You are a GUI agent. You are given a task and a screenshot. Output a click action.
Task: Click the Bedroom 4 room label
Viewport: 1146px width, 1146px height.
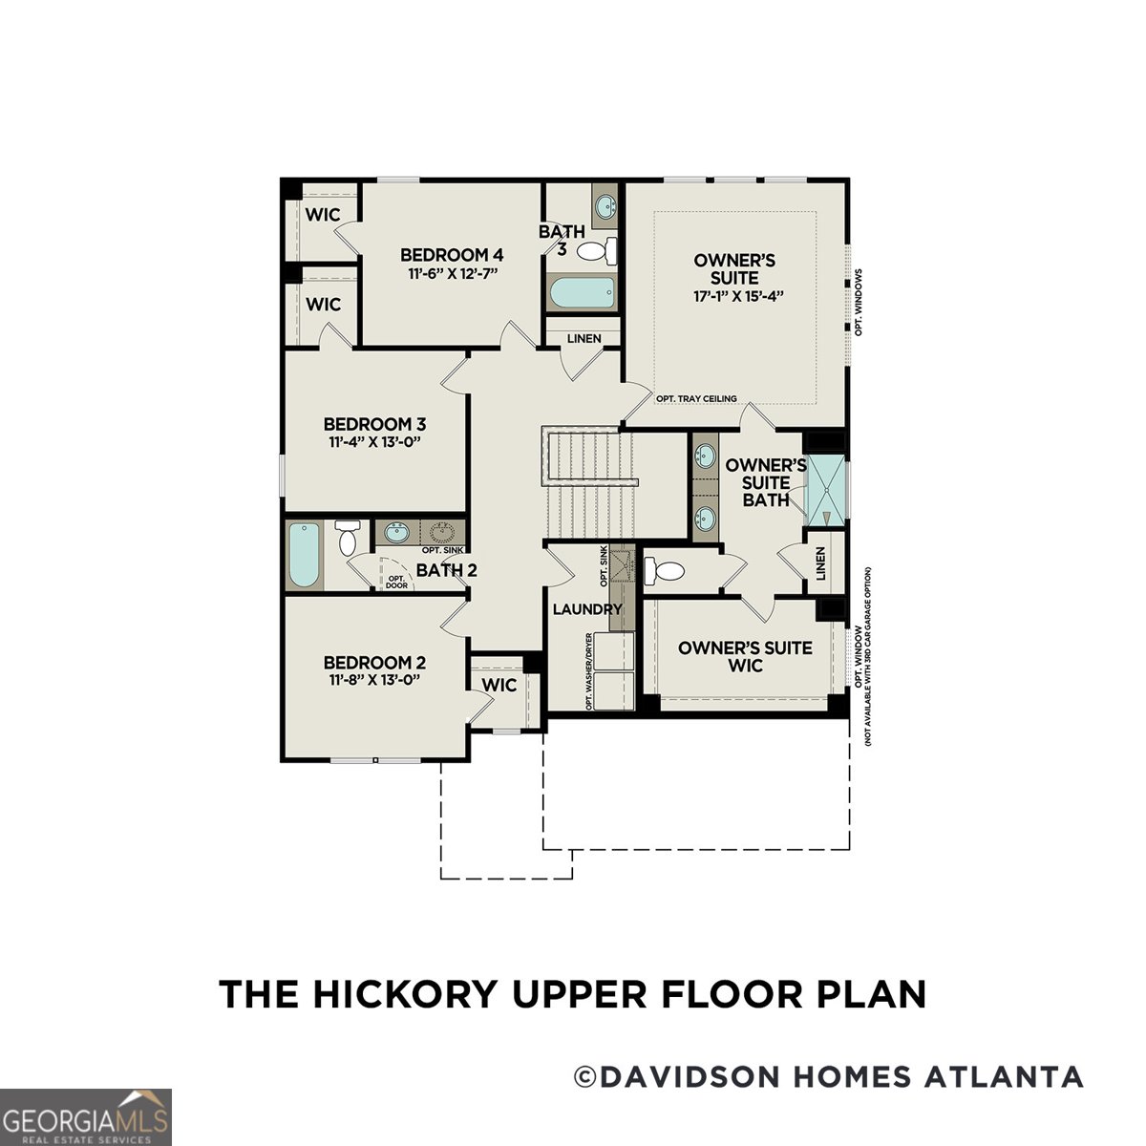[452, 255]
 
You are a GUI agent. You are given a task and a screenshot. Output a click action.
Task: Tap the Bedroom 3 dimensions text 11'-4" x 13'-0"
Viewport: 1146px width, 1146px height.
[374, 442]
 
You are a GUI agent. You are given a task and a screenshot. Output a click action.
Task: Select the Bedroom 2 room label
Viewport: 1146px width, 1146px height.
[374, 663]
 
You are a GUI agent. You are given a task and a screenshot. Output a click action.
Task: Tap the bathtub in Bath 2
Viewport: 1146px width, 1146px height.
[306, 555]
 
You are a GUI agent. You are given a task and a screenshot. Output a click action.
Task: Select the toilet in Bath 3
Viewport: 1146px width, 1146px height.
[597, 251]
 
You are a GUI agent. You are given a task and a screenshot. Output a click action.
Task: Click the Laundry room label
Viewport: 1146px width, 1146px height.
[586, 609]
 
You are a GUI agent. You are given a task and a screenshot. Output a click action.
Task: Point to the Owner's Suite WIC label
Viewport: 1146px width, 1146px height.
[745, 656]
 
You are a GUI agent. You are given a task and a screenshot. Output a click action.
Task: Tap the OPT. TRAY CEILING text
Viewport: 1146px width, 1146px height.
[696, 398]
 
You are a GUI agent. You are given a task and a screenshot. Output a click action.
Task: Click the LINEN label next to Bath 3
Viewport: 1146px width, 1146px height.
[584, 339]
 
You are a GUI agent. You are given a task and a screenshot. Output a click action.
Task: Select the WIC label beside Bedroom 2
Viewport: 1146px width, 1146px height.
[499, 685]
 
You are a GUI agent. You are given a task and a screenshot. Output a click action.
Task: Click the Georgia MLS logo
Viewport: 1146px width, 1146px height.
[86, 1116]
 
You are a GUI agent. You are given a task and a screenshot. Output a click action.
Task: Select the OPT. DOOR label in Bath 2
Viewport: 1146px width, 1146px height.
[397, 582]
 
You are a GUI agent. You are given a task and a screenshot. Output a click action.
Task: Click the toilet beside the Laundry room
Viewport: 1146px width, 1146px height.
[665, 571]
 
